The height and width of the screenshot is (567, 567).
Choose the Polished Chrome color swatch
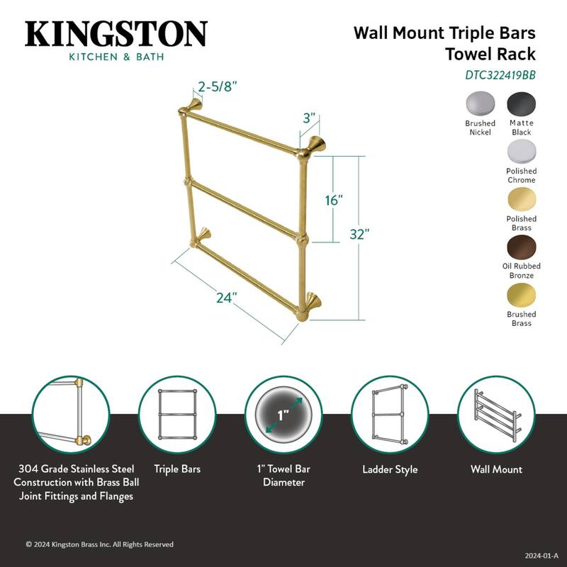click(x=521, y=152)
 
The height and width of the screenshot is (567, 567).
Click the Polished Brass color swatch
click(x=521, y=200)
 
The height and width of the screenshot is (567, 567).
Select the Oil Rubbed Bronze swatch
click(x=521, y=247)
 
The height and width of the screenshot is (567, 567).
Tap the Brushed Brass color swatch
click(x=521, y=295)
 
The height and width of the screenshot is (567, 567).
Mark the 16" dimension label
click(x=334, y=201)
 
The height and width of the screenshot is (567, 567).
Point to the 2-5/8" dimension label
click(x=217, y=87)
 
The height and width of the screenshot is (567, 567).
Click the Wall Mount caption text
click(x=496, y=469)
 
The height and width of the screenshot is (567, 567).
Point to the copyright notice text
click(x=99, y=544)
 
